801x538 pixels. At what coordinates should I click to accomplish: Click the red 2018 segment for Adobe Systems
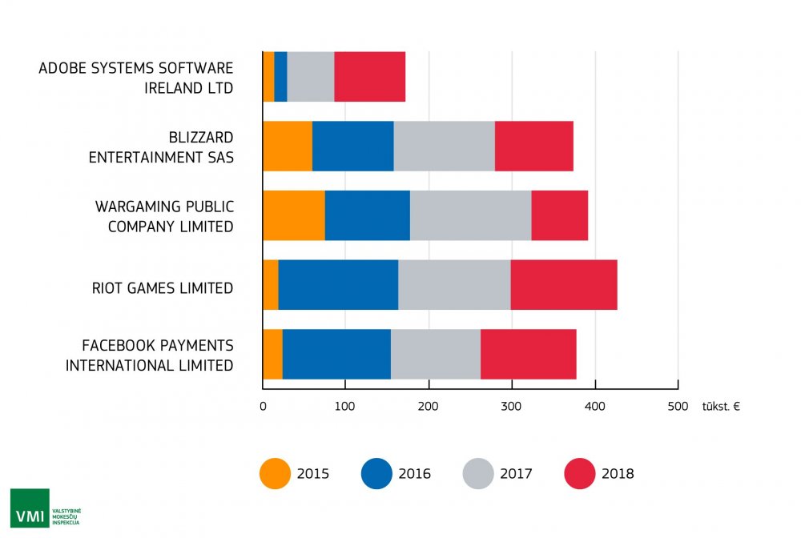369,77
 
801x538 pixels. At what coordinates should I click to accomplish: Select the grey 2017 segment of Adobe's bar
310,77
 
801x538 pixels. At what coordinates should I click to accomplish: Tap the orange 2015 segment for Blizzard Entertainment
288,147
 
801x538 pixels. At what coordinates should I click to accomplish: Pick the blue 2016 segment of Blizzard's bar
352,147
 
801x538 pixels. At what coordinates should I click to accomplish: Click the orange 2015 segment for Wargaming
294,215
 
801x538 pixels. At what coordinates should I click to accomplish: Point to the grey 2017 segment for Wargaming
470,215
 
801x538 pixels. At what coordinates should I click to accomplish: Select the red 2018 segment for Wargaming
559,215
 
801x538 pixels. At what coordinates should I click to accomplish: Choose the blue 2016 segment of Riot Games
338,285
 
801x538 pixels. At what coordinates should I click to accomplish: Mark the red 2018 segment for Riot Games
564,285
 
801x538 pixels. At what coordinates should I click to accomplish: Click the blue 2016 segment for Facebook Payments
336,354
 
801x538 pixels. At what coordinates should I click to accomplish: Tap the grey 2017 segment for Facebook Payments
436,354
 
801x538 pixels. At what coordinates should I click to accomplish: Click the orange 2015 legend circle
276,473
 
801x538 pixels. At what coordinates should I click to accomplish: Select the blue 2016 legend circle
377,473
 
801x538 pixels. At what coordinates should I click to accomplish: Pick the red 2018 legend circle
581,473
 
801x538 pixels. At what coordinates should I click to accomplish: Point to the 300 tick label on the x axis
511,406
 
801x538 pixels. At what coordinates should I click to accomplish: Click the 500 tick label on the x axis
678,406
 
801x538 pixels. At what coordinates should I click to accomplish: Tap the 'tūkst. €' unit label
720,406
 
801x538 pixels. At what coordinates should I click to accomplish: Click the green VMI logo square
30,508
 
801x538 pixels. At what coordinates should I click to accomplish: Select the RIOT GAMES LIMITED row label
163,287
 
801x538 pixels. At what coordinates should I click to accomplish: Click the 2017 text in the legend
516,474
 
